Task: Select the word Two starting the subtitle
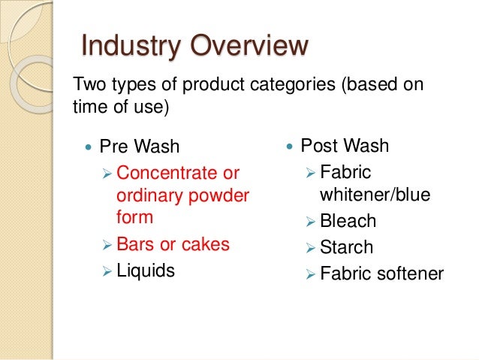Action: [x=86, y=84]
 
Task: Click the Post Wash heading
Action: [x=345, y=145]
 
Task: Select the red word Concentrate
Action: [x=167, y=174]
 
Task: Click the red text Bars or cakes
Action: [x=173, y=244]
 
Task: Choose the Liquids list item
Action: [x=146, y=271]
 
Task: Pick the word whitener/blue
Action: [x=375, y=195]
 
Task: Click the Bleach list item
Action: [x=348, y=222]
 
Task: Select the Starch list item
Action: [x=346, y=247]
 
